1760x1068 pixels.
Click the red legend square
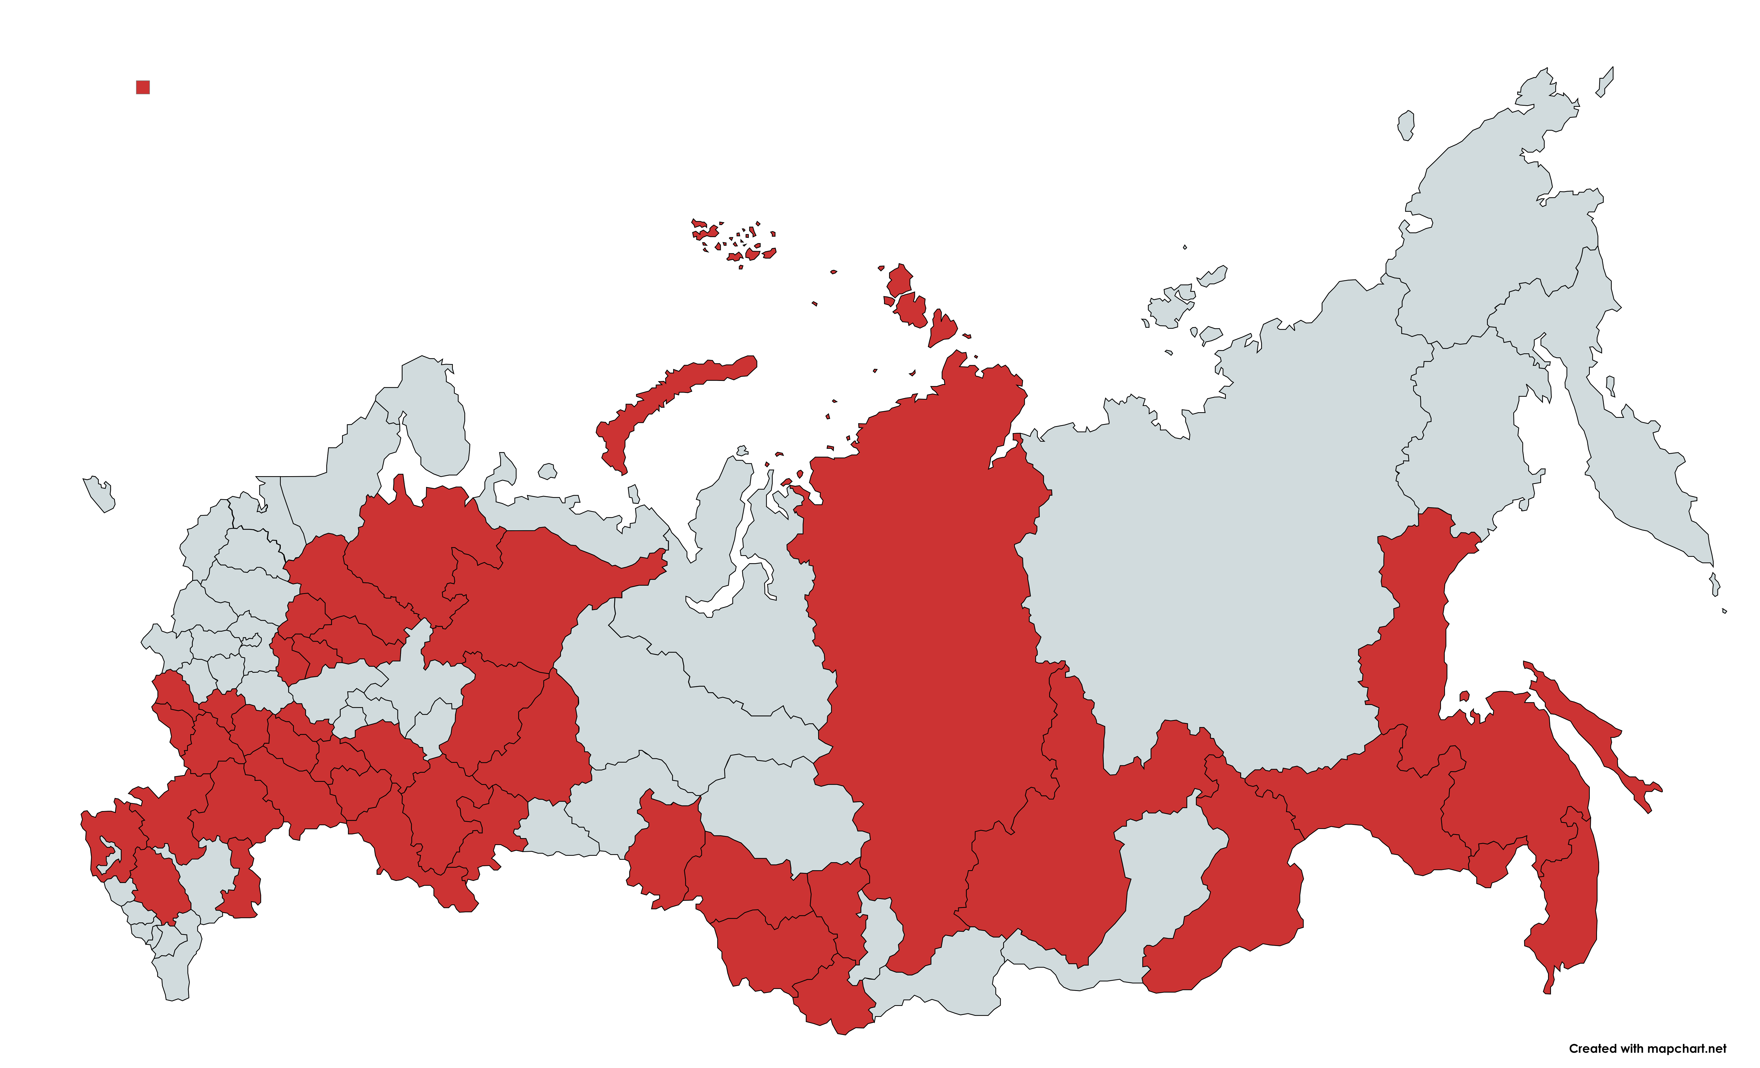coord(143,87)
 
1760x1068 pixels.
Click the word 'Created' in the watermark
coord(1592,1049)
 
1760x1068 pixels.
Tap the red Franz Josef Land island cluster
coord(736,239)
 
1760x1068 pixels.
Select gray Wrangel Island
coord(1406,125)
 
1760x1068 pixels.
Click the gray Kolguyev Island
coord(547,471)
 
